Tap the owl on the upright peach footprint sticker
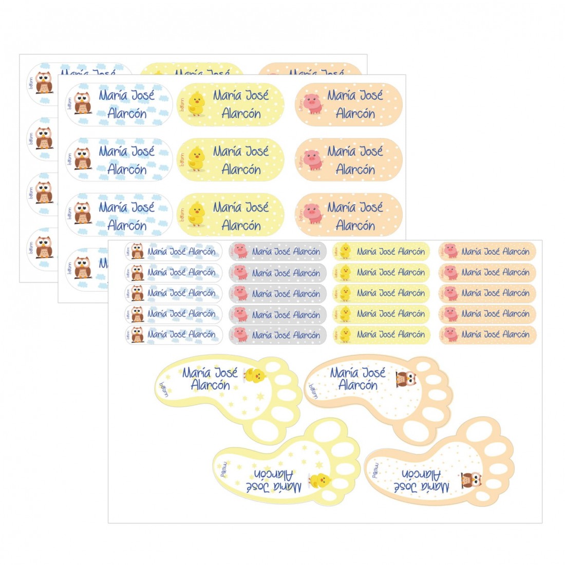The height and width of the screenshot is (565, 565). [407, 379]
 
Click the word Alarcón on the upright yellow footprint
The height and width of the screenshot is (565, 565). [210, 385]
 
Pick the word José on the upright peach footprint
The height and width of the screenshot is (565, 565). [373, 372]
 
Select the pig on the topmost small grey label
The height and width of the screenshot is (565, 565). [240, 251]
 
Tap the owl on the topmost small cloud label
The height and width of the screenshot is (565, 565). [137, 251]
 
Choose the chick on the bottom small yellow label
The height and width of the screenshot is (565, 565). [345, 334]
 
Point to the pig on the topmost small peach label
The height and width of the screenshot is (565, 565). [450, 251]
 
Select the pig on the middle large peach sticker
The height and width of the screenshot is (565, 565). [312, 159]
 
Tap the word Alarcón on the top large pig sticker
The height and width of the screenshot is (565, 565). [355, 114]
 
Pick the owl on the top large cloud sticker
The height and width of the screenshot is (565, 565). [82, 103]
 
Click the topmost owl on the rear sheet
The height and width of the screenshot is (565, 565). [44, 83]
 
